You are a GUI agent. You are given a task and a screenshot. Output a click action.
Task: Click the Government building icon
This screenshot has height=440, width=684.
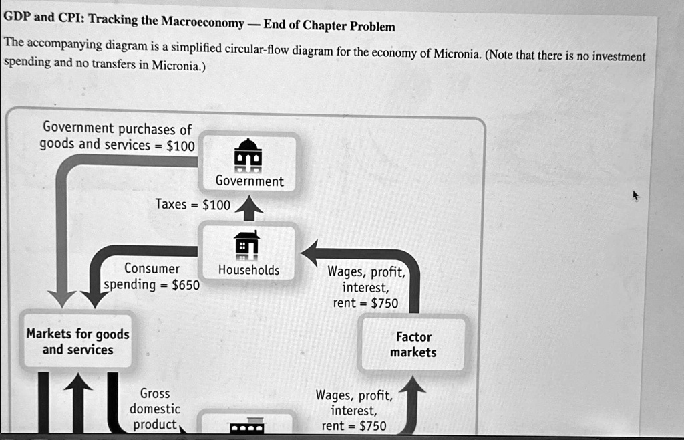pos(248,154)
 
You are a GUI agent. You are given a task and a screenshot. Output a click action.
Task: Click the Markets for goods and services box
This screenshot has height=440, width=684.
pos(77,341)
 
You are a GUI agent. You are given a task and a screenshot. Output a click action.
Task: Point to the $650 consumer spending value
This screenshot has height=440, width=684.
pos(185,285)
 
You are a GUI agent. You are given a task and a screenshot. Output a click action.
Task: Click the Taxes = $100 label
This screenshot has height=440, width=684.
pos(192,205)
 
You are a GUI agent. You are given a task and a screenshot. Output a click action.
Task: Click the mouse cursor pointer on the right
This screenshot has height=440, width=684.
pos(635,195)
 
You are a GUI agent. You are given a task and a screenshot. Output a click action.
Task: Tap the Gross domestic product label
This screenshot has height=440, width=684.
pos(155,409)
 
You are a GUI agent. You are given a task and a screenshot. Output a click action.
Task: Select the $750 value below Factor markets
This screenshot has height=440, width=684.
pos(372,426)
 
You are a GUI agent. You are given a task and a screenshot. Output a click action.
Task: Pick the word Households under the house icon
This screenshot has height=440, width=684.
pos(248,270)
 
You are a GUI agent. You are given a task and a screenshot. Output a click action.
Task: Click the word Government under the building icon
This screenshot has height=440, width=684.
pos(249,181)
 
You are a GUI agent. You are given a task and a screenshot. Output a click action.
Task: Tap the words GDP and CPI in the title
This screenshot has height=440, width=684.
pos(43,18)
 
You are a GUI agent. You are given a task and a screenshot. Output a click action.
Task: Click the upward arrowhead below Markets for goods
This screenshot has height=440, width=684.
pos(78,384)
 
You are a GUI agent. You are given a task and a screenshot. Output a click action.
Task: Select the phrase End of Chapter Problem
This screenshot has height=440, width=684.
pos(329,26)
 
